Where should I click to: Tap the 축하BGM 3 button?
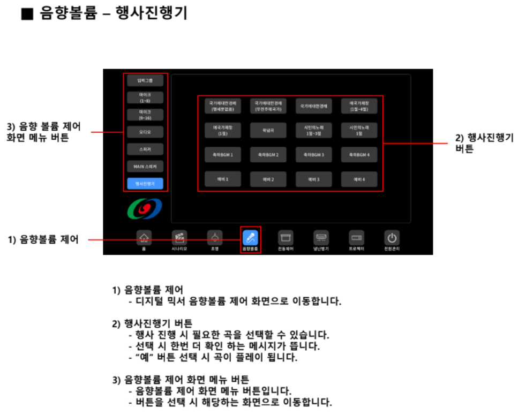pyautogui.click(x=314, y=155)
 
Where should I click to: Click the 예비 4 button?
pyautogui.click(x=359, y=179)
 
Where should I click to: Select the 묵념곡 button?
pyautogui.click(x=269, y=130)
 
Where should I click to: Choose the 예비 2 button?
pyautogui.click(x=269, y=179)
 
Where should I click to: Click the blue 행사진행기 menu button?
pyautogui.click(x=145, y=183)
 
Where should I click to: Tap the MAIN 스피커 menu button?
pyautogui.click(x=145, y=166)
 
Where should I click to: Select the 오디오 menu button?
pyautogui.click(x=145, y=131)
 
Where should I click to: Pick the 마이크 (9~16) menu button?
pyautogui.click(x=145, y=114)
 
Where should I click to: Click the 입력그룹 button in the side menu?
pyautogui.click(x=145, y=81)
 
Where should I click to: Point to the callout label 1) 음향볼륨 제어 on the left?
pyautogui.click(x=43, y=239)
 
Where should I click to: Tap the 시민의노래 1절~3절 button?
pyautogui.click(x=314, y=130)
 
